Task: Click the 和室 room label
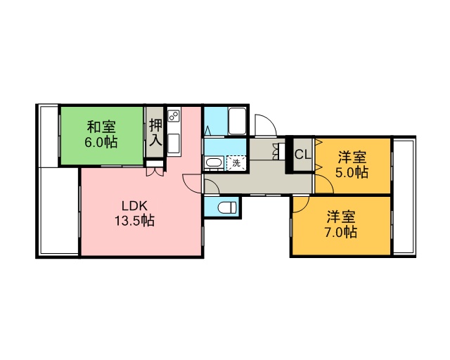tap(101, 127)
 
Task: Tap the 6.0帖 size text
tap(101, 142)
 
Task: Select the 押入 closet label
tap(155, 133)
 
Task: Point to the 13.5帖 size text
tap(134, 221)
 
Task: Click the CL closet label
tap(303, 155)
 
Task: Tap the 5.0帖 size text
tap(352, 172)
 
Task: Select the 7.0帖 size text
tap(340, 232)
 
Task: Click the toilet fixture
tap(227, 207)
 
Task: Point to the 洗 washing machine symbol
tap(236, 163)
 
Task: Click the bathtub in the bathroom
tap(237, 121)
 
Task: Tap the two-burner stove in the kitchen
tap(174, 116)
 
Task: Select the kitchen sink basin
tap(174, 143)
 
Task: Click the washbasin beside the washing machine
tap(214, 163)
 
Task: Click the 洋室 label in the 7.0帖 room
tap(341, 217)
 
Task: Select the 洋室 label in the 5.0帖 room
tap(352, 157)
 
